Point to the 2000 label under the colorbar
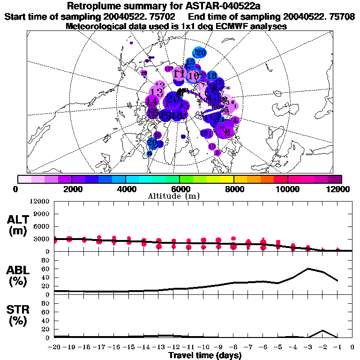71,189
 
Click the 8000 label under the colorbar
233,189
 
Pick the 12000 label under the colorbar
339,189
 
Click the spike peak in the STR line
322,330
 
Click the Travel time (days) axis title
205,355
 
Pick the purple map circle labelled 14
151,101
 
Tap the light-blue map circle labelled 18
211,75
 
